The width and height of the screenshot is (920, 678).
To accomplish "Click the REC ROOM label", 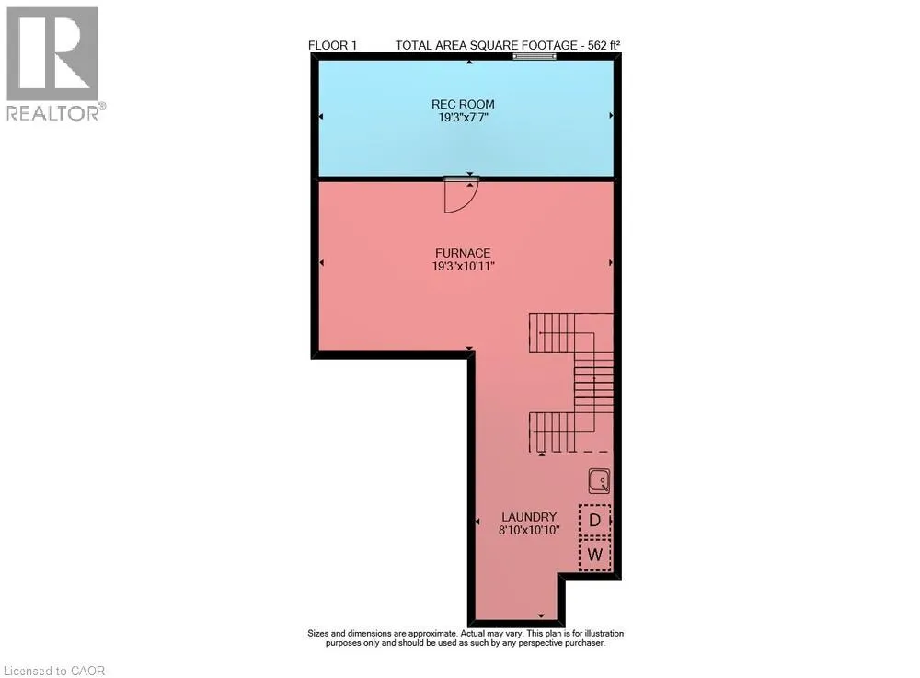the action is pos(463,104).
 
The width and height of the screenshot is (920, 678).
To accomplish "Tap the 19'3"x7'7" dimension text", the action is pos(463,118).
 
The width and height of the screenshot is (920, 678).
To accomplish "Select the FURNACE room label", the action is pos(463,253).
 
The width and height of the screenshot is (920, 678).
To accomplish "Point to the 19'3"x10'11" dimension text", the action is pos(463,266).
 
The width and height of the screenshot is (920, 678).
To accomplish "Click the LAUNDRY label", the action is pos(529,517).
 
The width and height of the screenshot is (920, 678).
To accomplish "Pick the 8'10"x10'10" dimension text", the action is pos(529,530).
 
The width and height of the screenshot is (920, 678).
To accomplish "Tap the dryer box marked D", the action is pos(595,521).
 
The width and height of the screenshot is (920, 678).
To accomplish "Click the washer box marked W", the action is pos(595,555).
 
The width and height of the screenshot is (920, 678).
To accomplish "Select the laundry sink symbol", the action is pos(600,481).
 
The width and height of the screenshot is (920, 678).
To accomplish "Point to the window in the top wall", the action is pos(535,56).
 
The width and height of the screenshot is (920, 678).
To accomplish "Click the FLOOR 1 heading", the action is pos(332,45).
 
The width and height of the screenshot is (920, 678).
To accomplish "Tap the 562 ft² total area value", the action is pos(604,45).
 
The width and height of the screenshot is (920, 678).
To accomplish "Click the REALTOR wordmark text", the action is pos(52,113).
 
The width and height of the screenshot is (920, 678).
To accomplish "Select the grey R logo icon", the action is pos(52,53).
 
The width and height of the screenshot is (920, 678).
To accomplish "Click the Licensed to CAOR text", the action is pos(54,671).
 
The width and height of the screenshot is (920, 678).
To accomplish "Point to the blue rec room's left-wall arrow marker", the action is pos(321,117).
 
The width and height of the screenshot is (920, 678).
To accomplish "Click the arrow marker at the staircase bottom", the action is pos(542,454).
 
